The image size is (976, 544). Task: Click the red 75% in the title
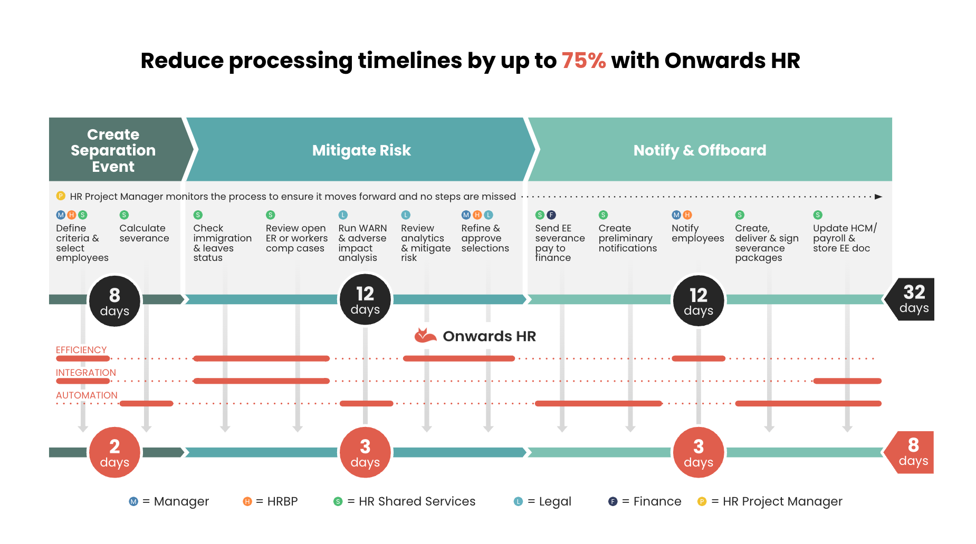tap(583, 61)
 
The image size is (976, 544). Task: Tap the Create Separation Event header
tap(113, 150)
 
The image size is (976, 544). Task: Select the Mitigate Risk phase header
tap(361, 150)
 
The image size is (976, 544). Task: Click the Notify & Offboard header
tap(700, 150)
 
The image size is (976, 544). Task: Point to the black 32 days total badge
tap(911, 299)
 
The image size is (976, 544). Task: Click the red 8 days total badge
tap(911, 452)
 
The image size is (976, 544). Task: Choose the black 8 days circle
tap(114, 301)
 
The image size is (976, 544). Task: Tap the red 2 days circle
tap(114, 452)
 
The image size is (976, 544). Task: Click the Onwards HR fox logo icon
tap(425, 335)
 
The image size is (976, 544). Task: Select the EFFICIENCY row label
tap(81, 350)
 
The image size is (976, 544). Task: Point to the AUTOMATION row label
tap(87, 395)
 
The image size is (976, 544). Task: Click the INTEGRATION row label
tap(86, 373)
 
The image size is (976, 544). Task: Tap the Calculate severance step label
tap(144, 233)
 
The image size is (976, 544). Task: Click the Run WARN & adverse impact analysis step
tap(362, 242)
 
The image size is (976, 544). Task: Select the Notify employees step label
tap(698, 233)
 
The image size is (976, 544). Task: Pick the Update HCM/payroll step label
tap(845, 238)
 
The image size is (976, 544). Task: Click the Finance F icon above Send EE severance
tap(551, 215)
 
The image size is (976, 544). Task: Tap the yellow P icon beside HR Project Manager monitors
tap(61, 196)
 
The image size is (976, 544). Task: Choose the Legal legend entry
tap(542, 501)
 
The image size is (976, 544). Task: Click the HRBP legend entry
tap(270, 501)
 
